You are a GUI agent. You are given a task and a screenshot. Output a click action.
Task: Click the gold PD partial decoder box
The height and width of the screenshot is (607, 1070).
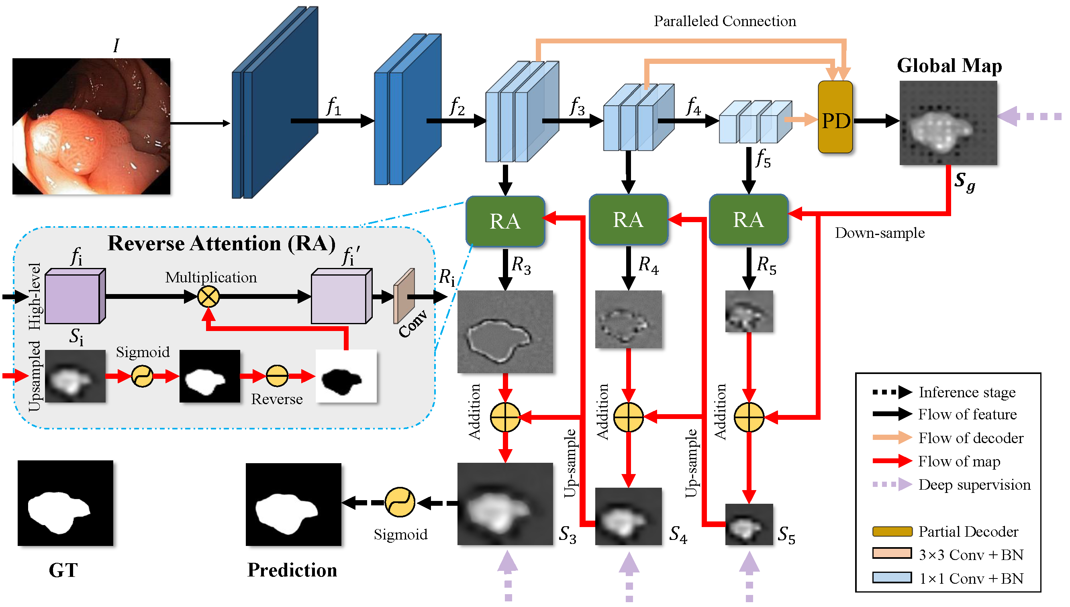coord(835,117)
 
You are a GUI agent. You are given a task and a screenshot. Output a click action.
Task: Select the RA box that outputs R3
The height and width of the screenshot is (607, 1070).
coord(505,221)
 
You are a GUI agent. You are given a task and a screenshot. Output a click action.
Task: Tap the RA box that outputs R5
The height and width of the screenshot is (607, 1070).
coord(749,219)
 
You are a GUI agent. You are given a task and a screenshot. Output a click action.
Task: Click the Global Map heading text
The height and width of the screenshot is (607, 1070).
coord(949,66)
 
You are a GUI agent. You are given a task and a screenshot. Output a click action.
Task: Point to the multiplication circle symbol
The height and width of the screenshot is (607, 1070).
coord(208,297)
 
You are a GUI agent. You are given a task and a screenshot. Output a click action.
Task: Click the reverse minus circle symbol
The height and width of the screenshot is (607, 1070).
coord(277,376)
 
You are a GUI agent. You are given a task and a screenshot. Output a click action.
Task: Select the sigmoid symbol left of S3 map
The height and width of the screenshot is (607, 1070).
coord(400,503)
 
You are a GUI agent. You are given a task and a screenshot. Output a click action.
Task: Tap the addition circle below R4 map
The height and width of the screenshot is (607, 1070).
coord(628,417)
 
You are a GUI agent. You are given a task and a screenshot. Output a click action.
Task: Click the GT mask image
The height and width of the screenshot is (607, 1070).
coord(65,503)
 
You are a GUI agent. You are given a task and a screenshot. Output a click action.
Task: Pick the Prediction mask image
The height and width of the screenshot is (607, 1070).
coord(294,505)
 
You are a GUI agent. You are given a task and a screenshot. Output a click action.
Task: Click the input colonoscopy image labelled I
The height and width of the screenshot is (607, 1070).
coord(91,126)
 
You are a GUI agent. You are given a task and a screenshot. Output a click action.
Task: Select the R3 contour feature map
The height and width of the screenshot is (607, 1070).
coord(505,332)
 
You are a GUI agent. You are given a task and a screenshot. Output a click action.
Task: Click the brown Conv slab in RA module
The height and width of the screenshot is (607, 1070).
coord(404,296)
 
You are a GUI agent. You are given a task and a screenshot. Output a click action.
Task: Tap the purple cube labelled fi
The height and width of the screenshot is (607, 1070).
coord(75,296)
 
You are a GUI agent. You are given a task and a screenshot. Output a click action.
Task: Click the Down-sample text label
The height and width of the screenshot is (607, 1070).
coord(880,233)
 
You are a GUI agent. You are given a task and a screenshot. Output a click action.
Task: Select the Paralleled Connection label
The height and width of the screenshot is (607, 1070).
coord(725,21)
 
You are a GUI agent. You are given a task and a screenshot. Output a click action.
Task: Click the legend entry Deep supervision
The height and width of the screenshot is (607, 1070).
coord(974,484)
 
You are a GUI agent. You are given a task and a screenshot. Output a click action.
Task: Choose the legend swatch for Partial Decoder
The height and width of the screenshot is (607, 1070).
coord(892,531)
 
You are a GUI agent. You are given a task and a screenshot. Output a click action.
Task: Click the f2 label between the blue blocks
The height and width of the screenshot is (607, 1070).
coord(457,106)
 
